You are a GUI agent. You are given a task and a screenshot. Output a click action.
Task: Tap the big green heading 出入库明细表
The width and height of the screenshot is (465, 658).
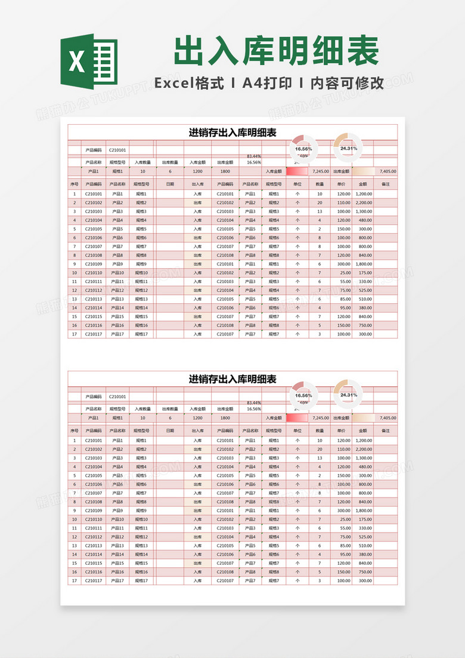pos(276,51)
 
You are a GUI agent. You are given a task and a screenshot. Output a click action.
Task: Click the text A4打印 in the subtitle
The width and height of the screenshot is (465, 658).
pos(267,83)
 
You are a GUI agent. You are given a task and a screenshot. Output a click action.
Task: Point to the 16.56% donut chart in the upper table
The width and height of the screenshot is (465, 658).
pos(303,149)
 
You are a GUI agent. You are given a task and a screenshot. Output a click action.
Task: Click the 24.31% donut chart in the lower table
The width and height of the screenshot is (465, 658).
pos(348,395)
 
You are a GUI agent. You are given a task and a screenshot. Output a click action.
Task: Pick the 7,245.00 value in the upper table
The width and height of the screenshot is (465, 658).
pos(320,171)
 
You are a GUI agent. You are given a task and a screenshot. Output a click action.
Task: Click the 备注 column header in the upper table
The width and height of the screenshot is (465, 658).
pos(385,185)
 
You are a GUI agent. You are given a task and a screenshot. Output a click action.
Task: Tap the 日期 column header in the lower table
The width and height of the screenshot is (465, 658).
pos(170,431)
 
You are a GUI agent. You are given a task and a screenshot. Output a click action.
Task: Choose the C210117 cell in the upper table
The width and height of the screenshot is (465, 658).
pos(94,334)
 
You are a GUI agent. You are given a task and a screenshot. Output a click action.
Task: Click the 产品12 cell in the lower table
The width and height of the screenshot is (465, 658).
pos(117,537)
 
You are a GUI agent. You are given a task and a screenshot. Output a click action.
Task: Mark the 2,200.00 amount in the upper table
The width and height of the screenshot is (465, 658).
pos(364,202)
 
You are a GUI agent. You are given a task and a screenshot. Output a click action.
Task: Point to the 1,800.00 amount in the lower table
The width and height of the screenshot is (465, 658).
pos(364,511)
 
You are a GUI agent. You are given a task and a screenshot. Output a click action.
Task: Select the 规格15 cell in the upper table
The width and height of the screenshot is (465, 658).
pos(141,316)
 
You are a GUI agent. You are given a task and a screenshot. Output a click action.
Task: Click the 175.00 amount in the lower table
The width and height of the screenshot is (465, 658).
pos(364,519)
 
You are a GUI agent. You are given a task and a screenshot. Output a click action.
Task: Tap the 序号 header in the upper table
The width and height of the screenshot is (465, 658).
pos(75,185)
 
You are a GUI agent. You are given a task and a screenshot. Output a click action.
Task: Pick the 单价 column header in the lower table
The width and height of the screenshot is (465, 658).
pos(342,431)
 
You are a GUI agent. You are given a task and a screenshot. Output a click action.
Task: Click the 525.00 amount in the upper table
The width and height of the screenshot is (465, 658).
pos(364,290)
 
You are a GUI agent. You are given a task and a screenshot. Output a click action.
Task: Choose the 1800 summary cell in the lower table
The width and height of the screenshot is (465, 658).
pos(225,418)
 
